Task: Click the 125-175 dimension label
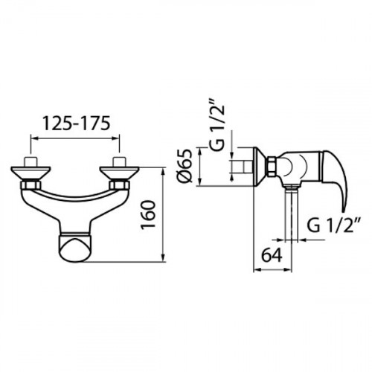[77, 123]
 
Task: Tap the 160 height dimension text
[148, 215]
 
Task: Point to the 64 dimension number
[272, 255]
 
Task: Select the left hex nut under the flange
[31, 185]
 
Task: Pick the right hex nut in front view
[119, 185]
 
